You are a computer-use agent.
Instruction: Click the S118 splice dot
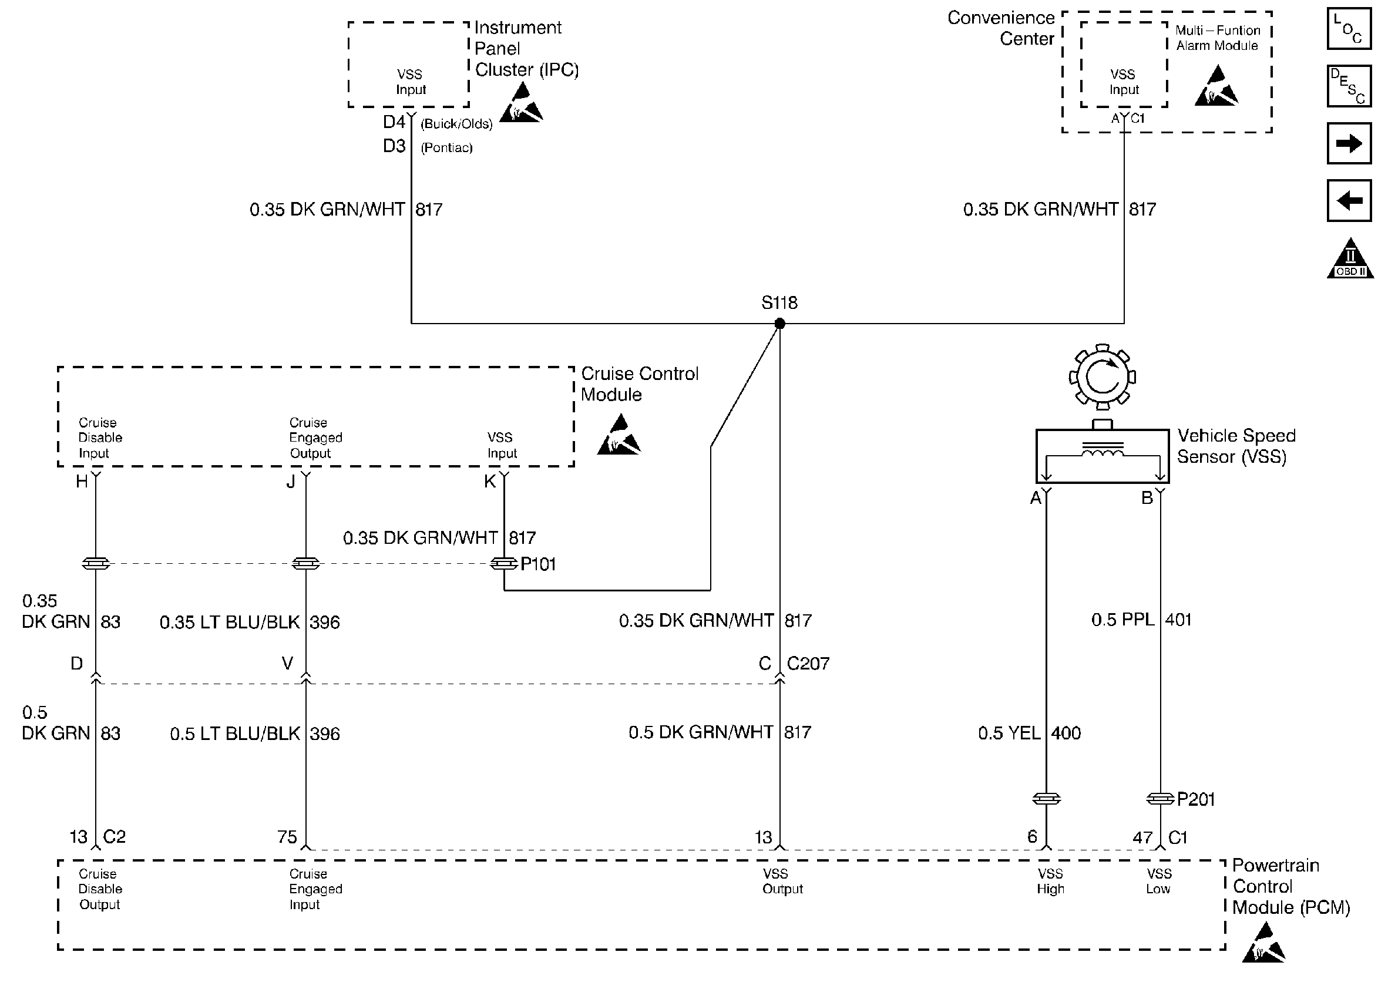[x=779, y=324]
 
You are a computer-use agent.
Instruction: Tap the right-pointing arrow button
[x=1349, y=143]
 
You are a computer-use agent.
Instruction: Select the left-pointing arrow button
[x=1349, y=200]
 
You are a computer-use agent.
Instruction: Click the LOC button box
[x=1349, y=28]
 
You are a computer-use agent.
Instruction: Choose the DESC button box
[x=1349, y=86]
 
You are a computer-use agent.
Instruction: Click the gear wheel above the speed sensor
[x=1102, y=376]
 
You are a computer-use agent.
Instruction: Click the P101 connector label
[x=537, y=564]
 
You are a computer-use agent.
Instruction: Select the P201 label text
[x=1195, y=799]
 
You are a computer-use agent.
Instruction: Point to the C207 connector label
[x=808, y=664]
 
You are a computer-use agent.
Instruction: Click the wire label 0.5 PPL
[x=1122, y=620]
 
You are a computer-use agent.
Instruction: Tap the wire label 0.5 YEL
[x=1009, y=734]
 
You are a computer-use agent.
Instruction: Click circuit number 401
[x=1178, y=620]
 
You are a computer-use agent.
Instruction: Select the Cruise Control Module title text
[x=639, y=384]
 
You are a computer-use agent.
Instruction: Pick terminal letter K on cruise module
[x=490, y=482]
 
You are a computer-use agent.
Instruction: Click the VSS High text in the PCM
[x=1050, y=881]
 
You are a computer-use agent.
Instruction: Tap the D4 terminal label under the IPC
[x=394, y=122]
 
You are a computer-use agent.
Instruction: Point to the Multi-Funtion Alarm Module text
[x=1218, y=38]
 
